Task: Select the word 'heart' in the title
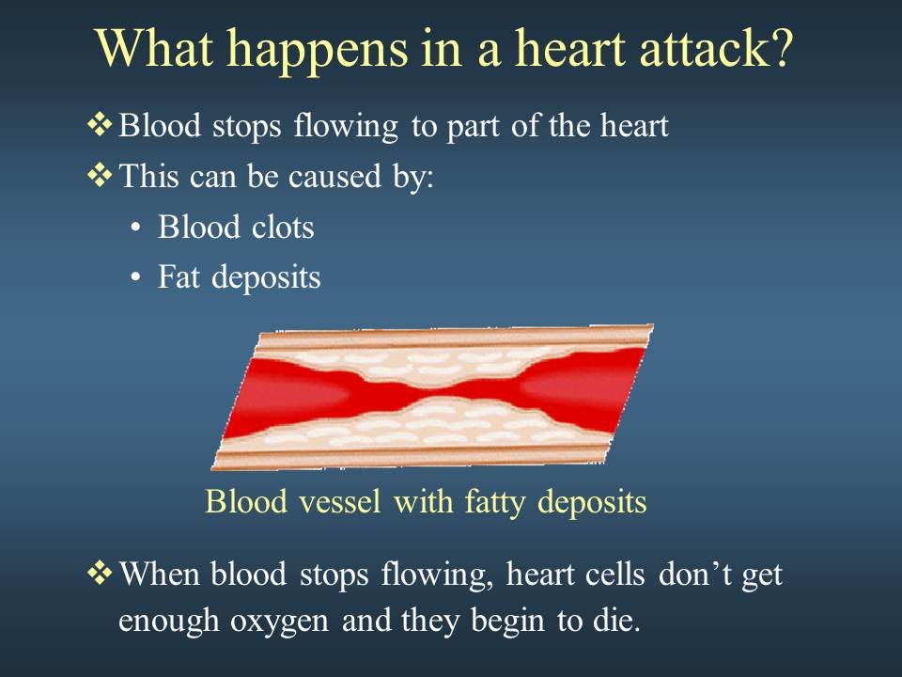[x=569, y=48]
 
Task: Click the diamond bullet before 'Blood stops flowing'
[x=100, y=125]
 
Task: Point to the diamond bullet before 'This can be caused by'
[x=100, y=175]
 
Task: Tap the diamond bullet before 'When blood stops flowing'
[x=100, y=574]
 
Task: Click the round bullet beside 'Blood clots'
[x=135, y=228]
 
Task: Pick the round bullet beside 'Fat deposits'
[x=135, y=278]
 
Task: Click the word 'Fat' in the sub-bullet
[x=179, y=276]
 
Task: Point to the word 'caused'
[x=334, y=176]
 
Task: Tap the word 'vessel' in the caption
[x=340, y=501]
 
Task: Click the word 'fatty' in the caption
[x=495, y=502]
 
